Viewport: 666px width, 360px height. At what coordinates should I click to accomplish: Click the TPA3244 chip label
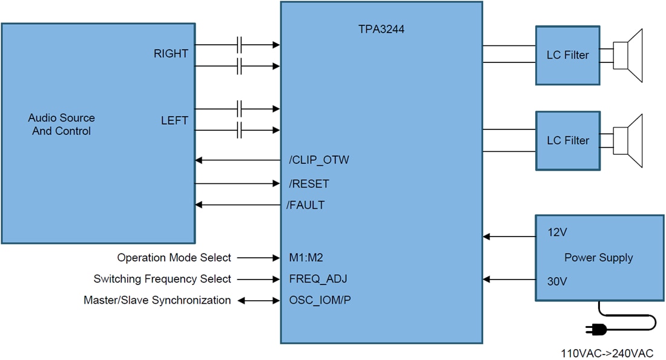point(381,28)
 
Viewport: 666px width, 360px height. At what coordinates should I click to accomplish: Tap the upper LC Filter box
point(567,55)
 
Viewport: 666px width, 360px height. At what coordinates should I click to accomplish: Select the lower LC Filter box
point(567,140)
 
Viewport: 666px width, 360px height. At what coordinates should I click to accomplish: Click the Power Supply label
point(598,258)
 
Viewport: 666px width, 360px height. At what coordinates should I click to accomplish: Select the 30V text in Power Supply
point(558,281)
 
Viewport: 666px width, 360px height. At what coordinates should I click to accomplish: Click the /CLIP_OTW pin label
point(319,160)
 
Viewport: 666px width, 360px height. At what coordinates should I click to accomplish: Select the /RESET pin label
point(309,183)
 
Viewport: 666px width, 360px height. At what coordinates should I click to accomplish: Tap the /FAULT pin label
point(306,205)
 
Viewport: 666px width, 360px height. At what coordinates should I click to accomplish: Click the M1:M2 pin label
point(306,258)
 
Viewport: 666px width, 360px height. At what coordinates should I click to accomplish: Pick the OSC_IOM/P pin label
point(320,300)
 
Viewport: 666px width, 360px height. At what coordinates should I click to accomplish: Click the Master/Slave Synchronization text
point(157,300)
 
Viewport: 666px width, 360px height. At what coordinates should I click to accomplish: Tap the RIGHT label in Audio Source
point(171,54)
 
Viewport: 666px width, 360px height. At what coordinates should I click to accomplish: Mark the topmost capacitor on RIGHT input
point(240,44)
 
